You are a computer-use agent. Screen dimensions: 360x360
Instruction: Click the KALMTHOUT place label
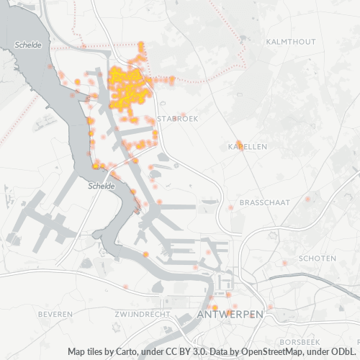[291, 42]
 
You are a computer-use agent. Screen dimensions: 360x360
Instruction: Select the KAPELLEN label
[247, 146]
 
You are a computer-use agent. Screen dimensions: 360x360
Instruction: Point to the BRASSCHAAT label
[264, 203]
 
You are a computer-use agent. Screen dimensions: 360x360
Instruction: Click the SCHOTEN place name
[317, 258]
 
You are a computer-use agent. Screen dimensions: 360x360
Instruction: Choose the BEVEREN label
[55, 315]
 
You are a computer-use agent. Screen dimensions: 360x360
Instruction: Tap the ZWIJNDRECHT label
[141, 315]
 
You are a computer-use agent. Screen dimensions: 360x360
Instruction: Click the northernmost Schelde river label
[27, 45]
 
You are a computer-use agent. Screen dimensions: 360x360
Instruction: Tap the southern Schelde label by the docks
[102, 186]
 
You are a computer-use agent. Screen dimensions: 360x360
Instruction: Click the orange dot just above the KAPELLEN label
[239, 142]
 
